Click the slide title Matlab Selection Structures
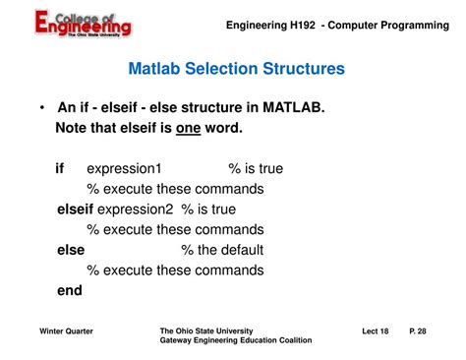(236, 70)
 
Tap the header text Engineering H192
(267, 25)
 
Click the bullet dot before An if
(43, 107)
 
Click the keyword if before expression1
(60, 168)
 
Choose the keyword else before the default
(71, 250)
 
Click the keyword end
(70, 290)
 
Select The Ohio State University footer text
(205, 331)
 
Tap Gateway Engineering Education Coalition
(235, 341)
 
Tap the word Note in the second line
(72, 128)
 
